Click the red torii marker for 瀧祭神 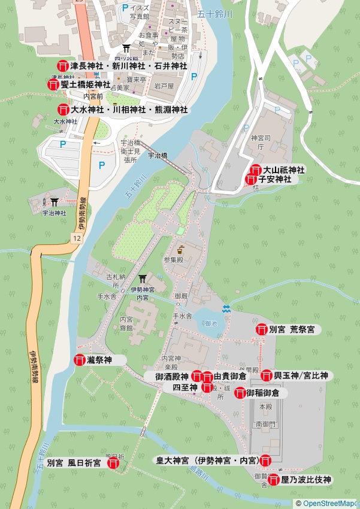[x=80, y=360]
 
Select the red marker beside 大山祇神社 [x=256, y=170]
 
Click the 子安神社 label [x=275, y=179]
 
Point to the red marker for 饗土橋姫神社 [x=53, y=84]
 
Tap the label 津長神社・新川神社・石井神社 [x=128, y=65]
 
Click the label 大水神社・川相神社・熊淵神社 [x=129, y=110]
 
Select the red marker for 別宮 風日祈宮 [x=113, y=463]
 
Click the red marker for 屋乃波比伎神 [x=274, y=480]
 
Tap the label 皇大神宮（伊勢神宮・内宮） [x=207, y=460]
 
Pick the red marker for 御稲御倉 [x=240, y=393]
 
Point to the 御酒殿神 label [x=172, y=377]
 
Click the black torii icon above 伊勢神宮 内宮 [x=143, y=279]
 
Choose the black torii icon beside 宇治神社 [x=55, y=202]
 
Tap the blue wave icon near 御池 [x=226, y=309]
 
